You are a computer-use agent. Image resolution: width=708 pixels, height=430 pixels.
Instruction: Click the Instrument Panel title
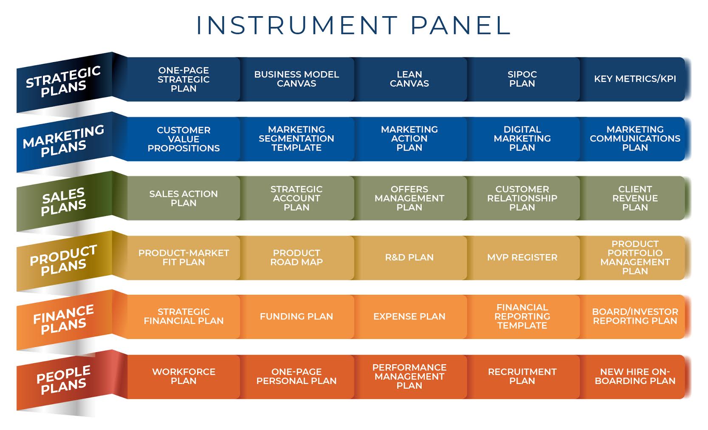click(353, 25)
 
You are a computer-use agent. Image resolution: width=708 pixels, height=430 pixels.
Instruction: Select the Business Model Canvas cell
click(296, 79)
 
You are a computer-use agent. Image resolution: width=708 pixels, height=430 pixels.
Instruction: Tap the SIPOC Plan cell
click(522, 79)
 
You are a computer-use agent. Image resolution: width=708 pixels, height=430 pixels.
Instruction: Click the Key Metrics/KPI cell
click(635, 79)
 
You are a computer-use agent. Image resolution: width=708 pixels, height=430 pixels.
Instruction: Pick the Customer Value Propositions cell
click(183, 139)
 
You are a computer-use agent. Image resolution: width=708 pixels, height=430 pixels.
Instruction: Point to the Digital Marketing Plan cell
click(522, 139)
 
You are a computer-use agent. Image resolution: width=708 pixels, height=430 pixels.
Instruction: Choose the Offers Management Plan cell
click(409, 198)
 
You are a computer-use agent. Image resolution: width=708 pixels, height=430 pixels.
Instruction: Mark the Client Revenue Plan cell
click(635, 198)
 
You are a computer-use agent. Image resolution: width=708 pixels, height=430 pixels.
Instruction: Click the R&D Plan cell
click(409, 258)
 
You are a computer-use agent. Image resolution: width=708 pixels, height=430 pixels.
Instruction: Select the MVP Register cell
click(522, 258)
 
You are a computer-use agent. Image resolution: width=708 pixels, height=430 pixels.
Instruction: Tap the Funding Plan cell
click(296, 317)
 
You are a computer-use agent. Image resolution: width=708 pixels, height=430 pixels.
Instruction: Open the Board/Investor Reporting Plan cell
click(635, 317)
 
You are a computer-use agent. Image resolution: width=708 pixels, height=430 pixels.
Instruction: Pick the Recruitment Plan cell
click(522, 376)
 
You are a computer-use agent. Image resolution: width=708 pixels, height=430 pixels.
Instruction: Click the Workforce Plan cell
click(183, 376)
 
